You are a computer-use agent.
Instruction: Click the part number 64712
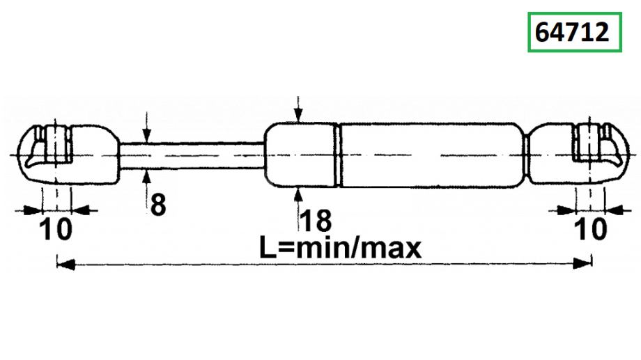click(572, 32)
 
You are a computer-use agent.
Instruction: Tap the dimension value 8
click(158, 205)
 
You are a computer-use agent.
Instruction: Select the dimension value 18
click(316, 221)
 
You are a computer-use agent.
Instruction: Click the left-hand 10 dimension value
click(56, 229)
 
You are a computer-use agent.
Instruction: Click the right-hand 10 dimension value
click(591, 229)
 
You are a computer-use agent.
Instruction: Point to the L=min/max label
click(341, 248)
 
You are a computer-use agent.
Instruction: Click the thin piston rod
click(192, 155)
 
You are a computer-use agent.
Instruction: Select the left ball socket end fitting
click(69, 155)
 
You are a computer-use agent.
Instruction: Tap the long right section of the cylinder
click(432, 155)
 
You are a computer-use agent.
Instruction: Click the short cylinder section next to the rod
click(300, 155)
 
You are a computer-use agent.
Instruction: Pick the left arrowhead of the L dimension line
click(65, 264)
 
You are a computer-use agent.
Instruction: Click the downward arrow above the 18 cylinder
click(298, 109)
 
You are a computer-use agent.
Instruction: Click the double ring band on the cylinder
click(338, 155)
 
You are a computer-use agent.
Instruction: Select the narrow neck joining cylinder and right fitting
click(527, 155)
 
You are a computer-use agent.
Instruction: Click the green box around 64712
click(574, 32)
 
